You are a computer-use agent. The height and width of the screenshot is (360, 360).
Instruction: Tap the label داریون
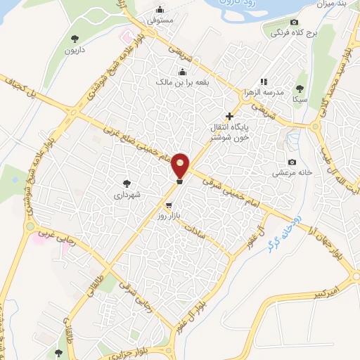click(x=75, y=51)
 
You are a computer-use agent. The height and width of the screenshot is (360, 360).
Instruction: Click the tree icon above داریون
click(x=75, y=39)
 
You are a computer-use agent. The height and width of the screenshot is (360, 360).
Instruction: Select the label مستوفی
click(x=161, y=22)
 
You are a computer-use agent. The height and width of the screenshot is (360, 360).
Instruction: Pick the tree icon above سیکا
click(x=300, y=89)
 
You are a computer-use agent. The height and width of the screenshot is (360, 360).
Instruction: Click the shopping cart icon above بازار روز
click(x=168, y=205)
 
